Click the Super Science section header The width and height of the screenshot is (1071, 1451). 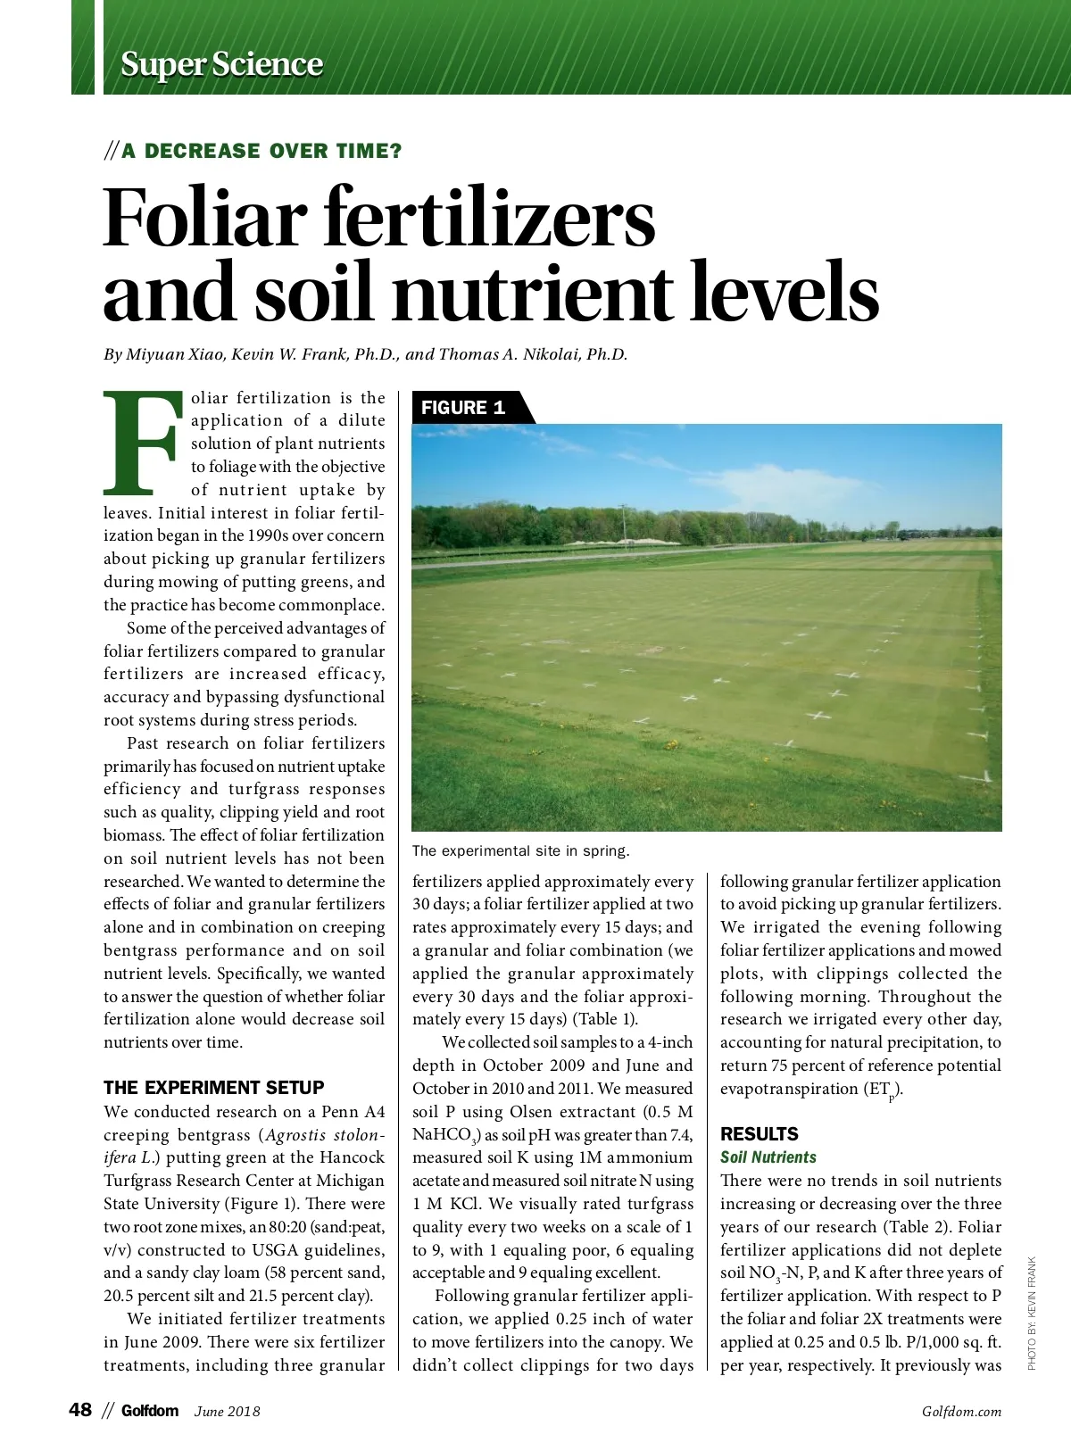[x=221, y=64]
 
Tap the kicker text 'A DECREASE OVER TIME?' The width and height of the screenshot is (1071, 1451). [x=262, y=151]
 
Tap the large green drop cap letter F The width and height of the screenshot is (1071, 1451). [x=144, y=443]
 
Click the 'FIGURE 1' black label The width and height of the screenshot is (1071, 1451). [x=463, y=408]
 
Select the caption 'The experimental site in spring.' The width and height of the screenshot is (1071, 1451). [x=520, y=850]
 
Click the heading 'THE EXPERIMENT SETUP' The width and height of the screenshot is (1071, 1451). [x=214, y=1088]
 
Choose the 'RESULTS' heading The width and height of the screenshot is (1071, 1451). [x=760, y=1134]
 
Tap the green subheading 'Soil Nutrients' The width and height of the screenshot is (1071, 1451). [x=768, y=1157]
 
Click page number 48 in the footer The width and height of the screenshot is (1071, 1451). [x=80, y=1410]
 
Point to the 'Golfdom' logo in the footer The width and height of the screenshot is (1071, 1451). [x=150, y=1411]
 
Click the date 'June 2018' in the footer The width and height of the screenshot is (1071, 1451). [x=228, y=1412]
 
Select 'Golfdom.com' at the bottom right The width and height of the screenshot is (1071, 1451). [x=961, y=1412]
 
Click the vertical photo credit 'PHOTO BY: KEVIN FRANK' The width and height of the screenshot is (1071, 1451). [x=1032, y=1313]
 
